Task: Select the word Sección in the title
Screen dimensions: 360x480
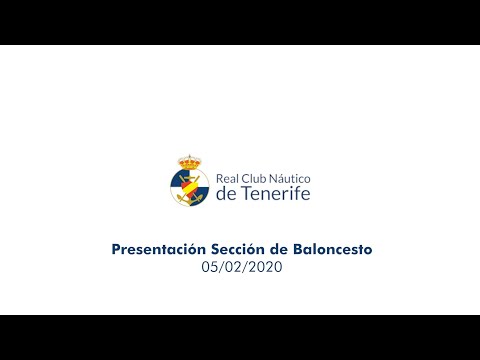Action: click(x=232, y=248)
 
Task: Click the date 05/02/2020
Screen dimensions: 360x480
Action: click(x=240, y=267)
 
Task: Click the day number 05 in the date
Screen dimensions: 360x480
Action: click(x=208, y=267)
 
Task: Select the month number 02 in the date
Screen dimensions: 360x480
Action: click(x=230, y=267)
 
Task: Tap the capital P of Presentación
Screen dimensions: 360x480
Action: click(x=115, y=248)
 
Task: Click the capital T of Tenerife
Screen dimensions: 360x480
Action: click(x=244, y=193)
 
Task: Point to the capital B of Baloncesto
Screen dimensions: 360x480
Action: click(x=292, y=248)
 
